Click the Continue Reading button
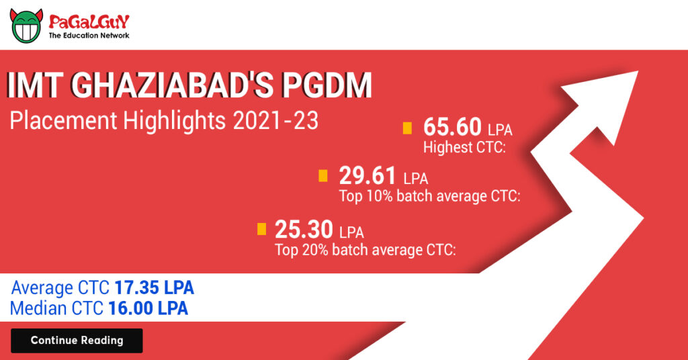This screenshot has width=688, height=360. point(77,341)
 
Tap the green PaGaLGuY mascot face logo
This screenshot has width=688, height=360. point(26,26)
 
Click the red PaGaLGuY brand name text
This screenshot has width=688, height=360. point(89,21)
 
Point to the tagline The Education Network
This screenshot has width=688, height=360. point(89,36)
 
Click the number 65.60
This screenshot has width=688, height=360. point(452,127)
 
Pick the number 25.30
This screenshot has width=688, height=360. point(304,230)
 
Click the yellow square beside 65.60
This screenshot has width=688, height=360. point(407,128)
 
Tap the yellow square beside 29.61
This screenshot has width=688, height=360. point(323,176)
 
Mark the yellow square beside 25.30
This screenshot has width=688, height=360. point(262,230)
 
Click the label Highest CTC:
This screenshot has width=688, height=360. point(464,148)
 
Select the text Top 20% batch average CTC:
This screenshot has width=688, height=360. point(365,251)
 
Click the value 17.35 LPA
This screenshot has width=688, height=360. point(154,288)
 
